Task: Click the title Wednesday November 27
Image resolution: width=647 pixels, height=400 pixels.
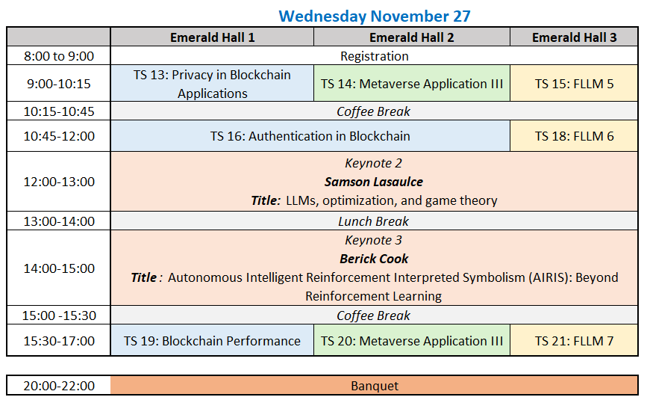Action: coord(375,16)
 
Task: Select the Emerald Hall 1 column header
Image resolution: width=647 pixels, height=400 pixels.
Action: coord(212,37)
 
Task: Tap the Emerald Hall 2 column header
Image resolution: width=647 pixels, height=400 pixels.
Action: coord(411,37)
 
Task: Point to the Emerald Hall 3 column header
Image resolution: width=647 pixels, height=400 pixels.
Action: coord(574,37)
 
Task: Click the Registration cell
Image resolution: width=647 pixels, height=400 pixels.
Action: coord(375,56)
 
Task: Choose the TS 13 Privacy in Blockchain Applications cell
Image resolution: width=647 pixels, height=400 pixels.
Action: coord(212,84)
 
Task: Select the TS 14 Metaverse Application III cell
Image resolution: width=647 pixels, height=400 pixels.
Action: coord(411,84)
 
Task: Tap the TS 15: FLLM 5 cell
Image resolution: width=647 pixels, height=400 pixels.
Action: coord(574,84)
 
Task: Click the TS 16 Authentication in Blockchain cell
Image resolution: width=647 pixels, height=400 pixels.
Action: coord(310,136)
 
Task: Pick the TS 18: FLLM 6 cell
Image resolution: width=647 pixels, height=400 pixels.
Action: coord(574,136)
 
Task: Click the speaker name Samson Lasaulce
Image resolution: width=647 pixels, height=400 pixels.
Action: coord(374,182)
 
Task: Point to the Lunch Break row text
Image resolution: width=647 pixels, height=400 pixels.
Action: coord(373,221)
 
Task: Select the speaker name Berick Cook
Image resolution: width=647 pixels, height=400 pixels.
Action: coord(374,259)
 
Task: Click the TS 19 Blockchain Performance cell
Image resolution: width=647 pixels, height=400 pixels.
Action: coord(212,340)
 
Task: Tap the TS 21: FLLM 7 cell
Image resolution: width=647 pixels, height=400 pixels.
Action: coord(574,340)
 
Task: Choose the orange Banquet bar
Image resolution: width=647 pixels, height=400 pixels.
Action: coord(375,386)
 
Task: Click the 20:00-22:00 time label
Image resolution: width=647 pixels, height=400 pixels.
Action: coord(59,386)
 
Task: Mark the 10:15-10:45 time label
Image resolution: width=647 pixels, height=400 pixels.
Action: coord(59,111)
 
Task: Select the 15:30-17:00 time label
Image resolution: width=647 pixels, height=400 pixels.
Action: coord(59,341)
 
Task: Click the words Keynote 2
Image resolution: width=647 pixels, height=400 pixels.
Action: coord(373,163)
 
